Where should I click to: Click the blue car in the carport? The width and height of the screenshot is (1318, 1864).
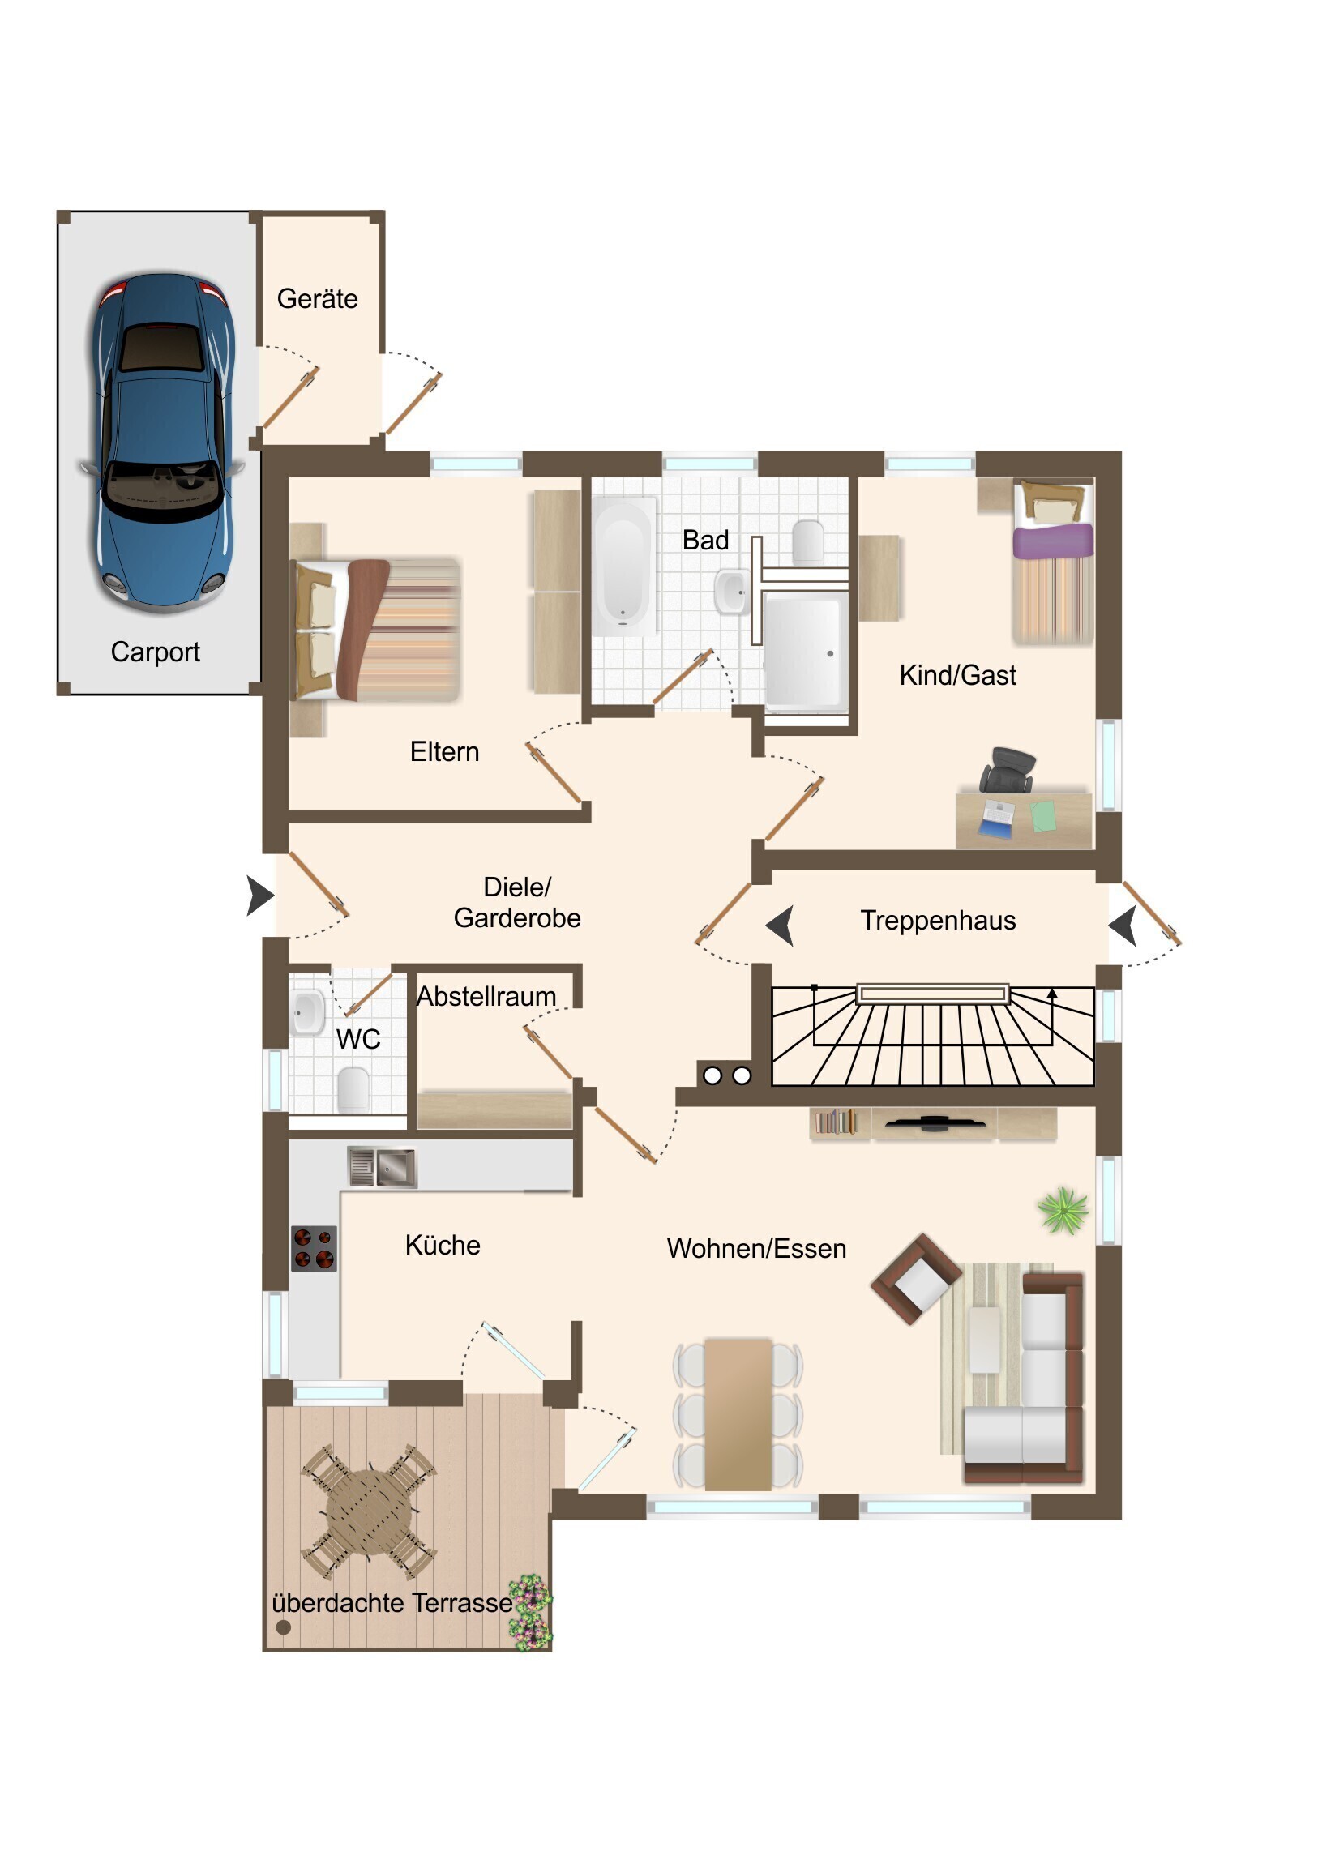(162, 442)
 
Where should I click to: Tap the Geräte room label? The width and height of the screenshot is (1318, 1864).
(318, 299)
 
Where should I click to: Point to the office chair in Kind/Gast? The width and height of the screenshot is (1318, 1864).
(1007, 770)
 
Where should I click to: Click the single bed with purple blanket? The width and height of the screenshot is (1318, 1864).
(1052, 560)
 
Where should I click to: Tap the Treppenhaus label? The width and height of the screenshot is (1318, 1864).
(938, 921)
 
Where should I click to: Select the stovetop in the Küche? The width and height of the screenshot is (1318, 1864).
(315, 1249)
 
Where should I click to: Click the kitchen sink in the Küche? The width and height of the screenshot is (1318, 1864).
(382, 1168)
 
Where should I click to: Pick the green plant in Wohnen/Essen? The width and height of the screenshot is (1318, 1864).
(1063, 1210)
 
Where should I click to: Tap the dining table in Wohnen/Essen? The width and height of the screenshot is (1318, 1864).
(738, 1414)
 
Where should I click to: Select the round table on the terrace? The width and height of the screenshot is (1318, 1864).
(369, 1510)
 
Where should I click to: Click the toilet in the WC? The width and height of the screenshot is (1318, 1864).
(353, 1089)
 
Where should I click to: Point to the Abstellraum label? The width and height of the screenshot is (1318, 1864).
(486, 997)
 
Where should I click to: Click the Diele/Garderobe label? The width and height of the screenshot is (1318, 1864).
(517, 903)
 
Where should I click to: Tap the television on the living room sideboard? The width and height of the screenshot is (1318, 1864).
(935, 1123)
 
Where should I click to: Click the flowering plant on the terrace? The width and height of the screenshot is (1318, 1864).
(531, 1612)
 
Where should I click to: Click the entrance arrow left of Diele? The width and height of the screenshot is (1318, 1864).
(260, 896)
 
